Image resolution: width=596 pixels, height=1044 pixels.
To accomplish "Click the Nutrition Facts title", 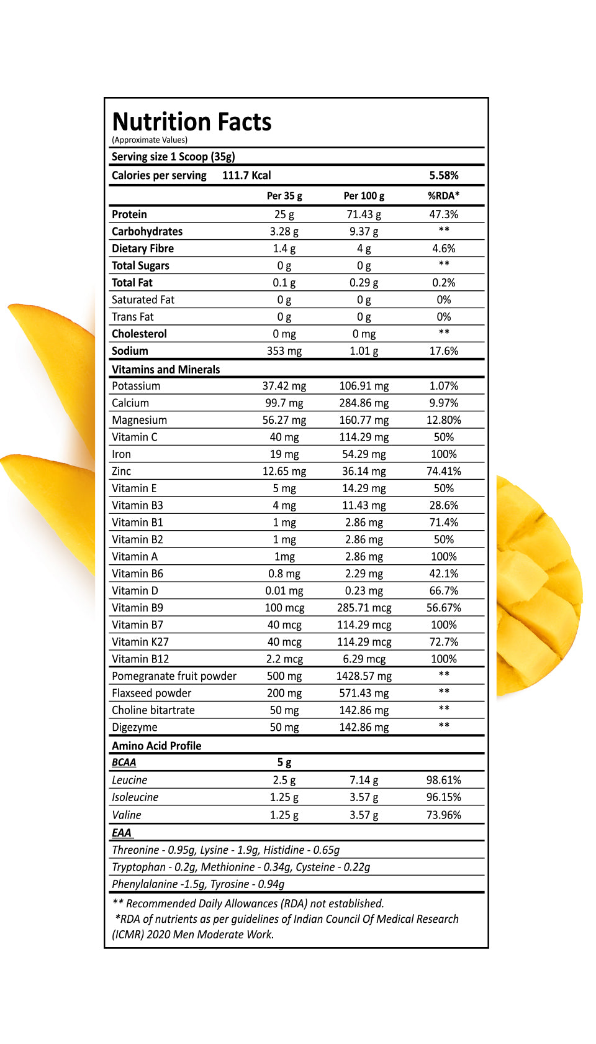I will click(x=192, y=122).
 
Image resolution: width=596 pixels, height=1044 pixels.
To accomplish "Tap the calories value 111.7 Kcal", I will click(x=246, y=175).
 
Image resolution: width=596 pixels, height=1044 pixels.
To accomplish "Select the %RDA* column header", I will click(x=443, y=196).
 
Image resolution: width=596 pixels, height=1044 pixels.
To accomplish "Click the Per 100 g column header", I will click(x=364, y=196).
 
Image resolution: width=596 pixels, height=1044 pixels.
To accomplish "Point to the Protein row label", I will click(x=129, y=214).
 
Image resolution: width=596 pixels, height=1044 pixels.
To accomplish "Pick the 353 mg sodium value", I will click(x=284, y=351).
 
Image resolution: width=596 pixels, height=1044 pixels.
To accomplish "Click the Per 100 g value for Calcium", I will click(x=364, y=403).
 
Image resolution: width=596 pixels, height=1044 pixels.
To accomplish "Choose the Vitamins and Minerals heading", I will click(x=166, y=370).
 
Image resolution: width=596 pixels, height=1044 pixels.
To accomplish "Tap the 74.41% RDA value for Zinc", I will click(x=443, y=472).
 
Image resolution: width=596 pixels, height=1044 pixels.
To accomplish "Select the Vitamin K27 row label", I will click(x=140, y=642).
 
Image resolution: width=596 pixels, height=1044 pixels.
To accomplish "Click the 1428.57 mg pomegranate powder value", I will click(x=364, y=676).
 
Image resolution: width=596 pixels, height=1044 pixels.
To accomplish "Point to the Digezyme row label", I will click(x=135, y=727).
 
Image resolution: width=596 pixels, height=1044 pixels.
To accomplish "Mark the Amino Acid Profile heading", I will click(x=156, y=746).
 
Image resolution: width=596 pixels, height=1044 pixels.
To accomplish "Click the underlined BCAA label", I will click(x=124, y=762).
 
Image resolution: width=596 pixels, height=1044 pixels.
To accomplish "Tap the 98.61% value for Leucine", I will click(x=443, y=780).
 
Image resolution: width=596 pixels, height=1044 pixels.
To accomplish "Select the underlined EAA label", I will click(x=122, y=833).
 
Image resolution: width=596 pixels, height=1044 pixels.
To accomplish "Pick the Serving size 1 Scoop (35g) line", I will click(x=173, y=157).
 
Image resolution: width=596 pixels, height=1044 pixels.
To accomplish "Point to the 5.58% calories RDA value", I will click(x=443, y=175).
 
